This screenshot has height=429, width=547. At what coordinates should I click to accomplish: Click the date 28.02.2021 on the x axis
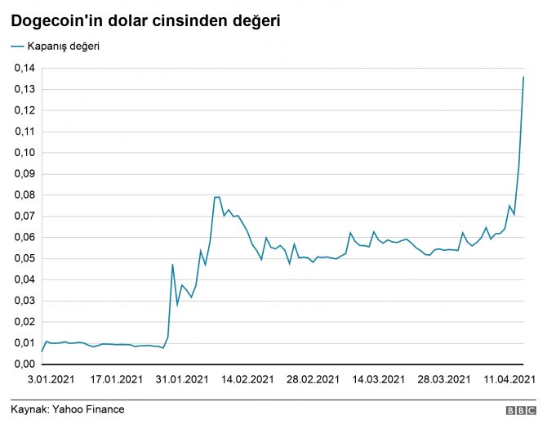(314, 379)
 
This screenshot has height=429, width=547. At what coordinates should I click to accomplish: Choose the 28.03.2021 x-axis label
(445, 379)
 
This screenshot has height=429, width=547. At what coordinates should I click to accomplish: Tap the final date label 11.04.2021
(509, 379)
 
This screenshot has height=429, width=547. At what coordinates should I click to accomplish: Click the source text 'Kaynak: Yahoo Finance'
(68, 409)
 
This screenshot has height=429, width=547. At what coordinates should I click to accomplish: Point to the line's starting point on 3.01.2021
(42, 351)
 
